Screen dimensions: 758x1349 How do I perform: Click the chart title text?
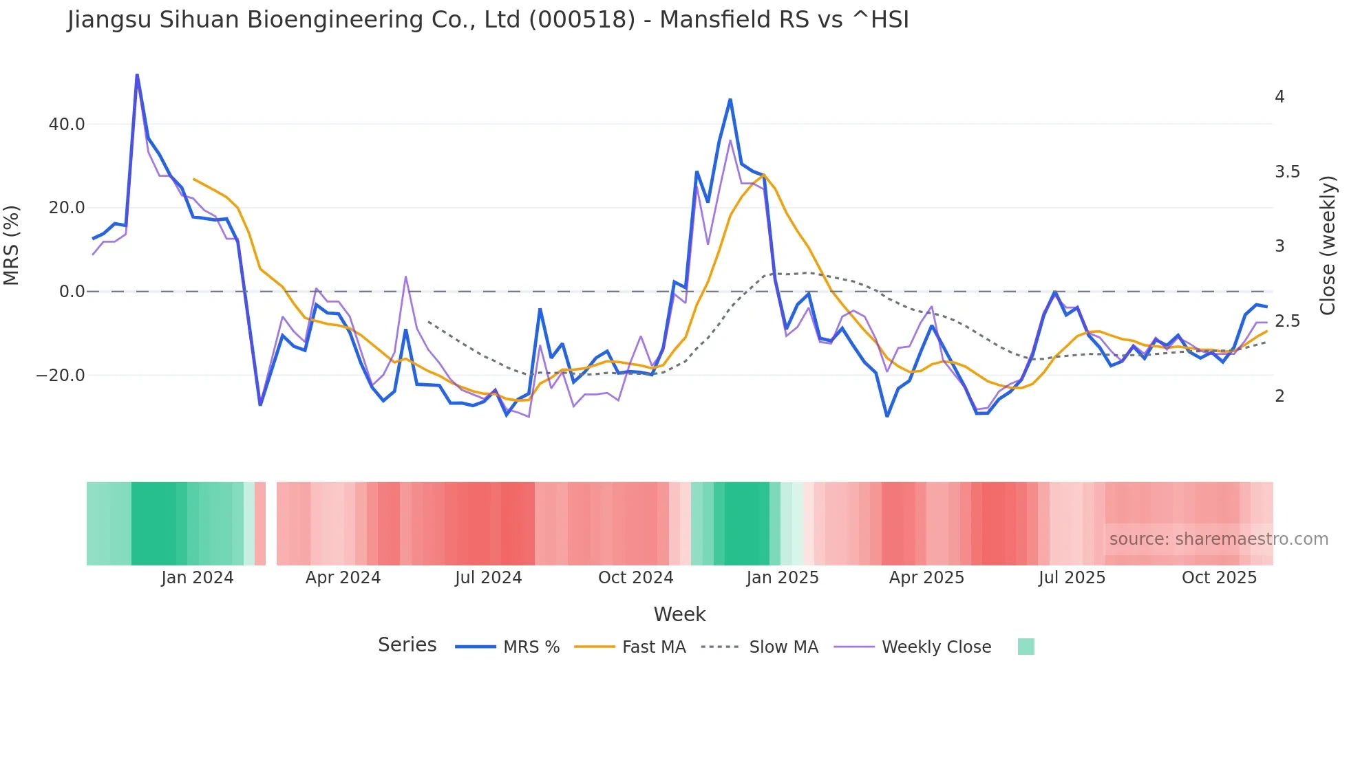tap(488, 20)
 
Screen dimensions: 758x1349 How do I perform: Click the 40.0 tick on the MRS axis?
tap(67, 124)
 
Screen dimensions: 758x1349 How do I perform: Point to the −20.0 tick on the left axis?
tap(61, 376)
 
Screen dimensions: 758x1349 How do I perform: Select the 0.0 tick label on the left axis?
tap(72, 292)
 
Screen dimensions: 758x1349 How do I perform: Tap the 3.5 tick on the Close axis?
tap(1287, 172)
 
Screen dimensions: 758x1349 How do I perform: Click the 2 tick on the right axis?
tap(1279, 396)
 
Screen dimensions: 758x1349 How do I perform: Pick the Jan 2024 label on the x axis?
tap(198, 578)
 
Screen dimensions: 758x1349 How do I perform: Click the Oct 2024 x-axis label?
tap(635, 578)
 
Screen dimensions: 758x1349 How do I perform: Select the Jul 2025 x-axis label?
tap(1072, 578)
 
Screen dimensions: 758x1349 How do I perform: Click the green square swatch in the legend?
tap(1026, 647)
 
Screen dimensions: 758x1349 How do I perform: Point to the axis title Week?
tap(679, 614)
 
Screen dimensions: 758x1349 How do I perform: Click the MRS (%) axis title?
tap(12, 246)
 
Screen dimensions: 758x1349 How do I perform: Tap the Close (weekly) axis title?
tap(1328, 246)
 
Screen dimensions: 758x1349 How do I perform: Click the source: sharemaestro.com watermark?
tap(1218, 539)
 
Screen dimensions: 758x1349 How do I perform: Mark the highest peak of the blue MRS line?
tap(137, 75)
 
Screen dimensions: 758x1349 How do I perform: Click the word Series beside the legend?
tap(407, 645)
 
